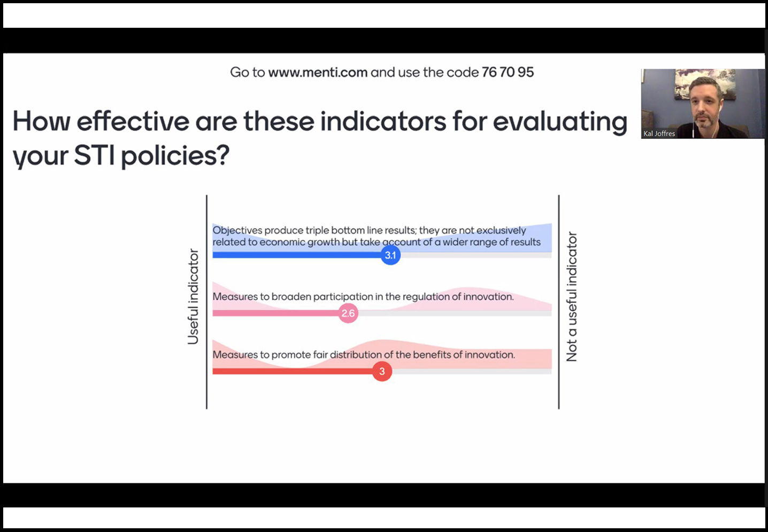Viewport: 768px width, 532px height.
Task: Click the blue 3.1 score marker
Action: pos(390,255)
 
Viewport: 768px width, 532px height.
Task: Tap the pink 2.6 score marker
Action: pos(348,313)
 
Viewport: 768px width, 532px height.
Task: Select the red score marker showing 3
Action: pos(382,371)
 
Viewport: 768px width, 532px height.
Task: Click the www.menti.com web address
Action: pos(318,72)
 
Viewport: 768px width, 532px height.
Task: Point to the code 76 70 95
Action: pos(508,72)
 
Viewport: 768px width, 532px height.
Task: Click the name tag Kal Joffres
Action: pos(659,134)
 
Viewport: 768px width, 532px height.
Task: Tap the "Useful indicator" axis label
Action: pos(193,296)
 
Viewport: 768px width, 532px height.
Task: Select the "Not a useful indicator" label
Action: pos(572,297)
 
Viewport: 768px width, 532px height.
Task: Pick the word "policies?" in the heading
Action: pos(175,157)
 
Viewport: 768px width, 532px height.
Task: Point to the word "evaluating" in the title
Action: pos(560,122)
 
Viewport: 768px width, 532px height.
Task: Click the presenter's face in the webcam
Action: pos(704,104)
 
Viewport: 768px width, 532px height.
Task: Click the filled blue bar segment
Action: pos(297,255)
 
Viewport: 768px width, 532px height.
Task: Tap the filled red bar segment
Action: pos(293,371)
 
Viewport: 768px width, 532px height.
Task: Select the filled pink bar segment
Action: pos(275,313)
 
